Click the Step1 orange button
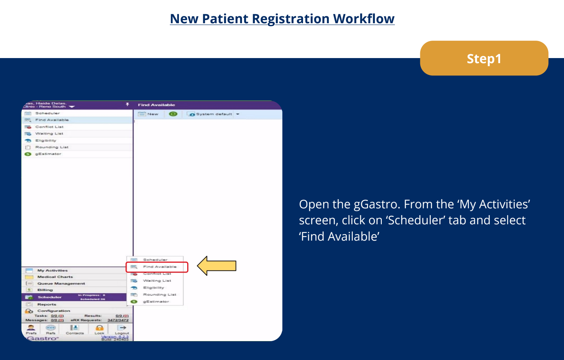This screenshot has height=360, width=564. (x=484, y=58)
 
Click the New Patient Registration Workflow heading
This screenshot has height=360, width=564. (x=282, y=19)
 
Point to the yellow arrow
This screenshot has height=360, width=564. (x=217, y=266)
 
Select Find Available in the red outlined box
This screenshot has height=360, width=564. (x=159, y=267)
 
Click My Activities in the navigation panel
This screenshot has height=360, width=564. (x=52, y=270)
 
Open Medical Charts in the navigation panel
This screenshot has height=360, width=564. (x=55, y=277)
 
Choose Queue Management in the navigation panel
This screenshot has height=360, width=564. (x=61, y=283)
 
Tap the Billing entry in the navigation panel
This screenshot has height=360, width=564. (x=45, y=290)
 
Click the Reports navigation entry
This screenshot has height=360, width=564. (x=47, y=304)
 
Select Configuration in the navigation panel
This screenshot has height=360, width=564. (x=53, y=311)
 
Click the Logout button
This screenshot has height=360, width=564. (x=122, y=329)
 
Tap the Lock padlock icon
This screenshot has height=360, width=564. (x=99, y=328)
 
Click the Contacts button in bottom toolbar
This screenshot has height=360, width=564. (x=75, y=329)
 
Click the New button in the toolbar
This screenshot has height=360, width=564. (x=148, y=114)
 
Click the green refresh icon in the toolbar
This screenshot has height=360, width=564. (x=173, y=114)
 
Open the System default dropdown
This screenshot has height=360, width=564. (x=238, y=114)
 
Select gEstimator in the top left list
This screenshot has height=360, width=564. (x=48, y=154)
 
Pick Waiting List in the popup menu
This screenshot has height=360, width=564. (x=157, y=281)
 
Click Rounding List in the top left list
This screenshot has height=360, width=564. (x=52, y=147)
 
